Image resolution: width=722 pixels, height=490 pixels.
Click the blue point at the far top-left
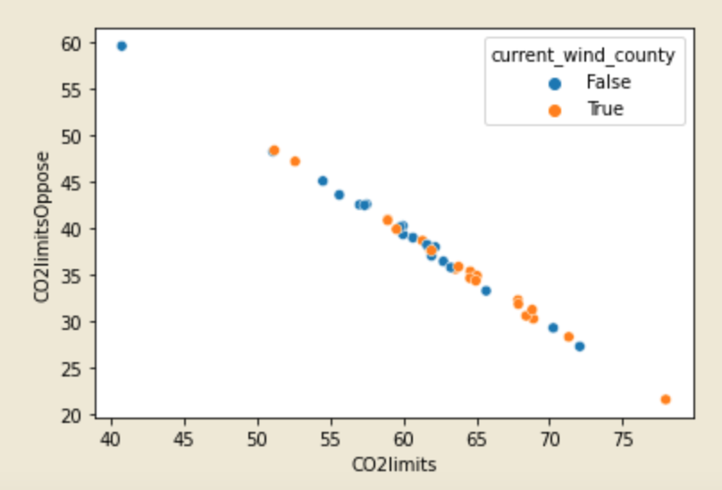[122, 46]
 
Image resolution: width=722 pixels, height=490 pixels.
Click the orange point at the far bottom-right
[666, 400]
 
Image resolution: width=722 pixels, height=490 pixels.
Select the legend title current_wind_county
[583, 55]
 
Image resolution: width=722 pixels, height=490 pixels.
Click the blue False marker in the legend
[555, 83]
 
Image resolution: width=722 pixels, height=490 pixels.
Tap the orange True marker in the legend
[555, 110]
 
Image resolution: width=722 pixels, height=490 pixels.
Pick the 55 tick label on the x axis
[331, 439]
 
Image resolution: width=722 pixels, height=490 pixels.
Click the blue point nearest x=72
[579, 346]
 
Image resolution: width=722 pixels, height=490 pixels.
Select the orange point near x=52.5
[295, 162]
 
